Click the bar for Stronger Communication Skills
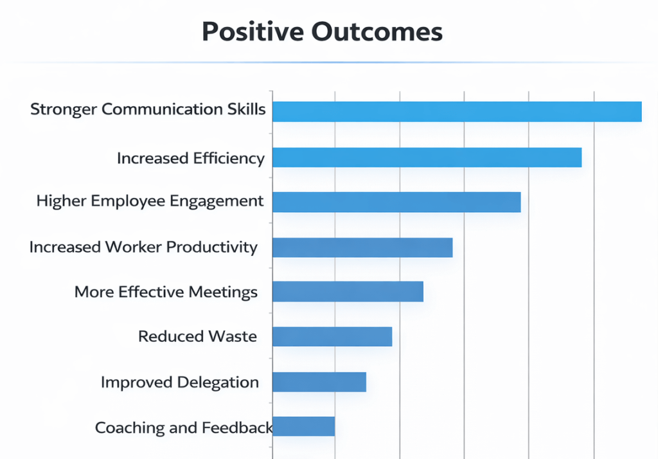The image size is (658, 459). pos(457,111)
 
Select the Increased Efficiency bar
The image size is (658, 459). pos(427,157)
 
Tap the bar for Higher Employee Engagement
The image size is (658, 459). pos(396,202)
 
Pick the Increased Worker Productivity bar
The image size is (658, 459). pos(362,248)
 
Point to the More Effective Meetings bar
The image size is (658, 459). pos(348,292)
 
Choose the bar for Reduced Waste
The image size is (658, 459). pos(332,336)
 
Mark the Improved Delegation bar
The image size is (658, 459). pos(319,382)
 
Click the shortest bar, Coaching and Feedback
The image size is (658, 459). pos(304,426)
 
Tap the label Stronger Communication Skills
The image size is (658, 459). pos(148,109)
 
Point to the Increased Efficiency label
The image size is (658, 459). pos(191,158)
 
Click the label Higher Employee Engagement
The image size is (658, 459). pos(150,201)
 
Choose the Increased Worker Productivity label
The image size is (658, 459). pos(143,247)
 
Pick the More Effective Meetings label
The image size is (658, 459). pos(166,292)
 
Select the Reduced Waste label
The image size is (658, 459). pos(197,336)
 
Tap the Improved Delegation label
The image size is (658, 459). pos(180,382)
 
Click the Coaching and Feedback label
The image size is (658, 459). pos(184,428)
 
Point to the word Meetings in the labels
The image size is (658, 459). pos(223,292)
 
